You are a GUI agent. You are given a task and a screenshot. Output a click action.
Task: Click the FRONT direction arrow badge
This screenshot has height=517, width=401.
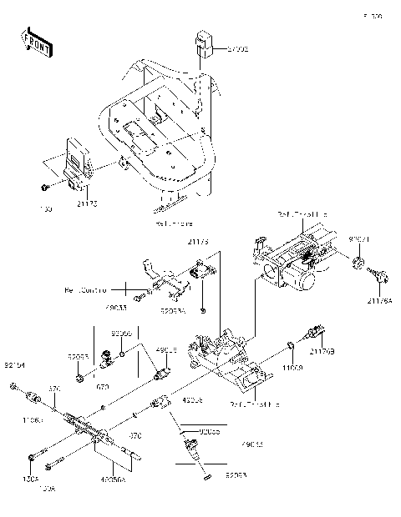point(37,43)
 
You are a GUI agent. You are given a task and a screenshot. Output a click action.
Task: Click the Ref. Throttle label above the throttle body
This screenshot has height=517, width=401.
point(302,214)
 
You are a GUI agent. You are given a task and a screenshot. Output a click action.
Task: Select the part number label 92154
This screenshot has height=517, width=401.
point(14,365)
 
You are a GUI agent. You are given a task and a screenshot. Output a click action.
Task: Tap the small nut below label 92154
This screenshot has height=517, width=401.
point(15,386)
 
